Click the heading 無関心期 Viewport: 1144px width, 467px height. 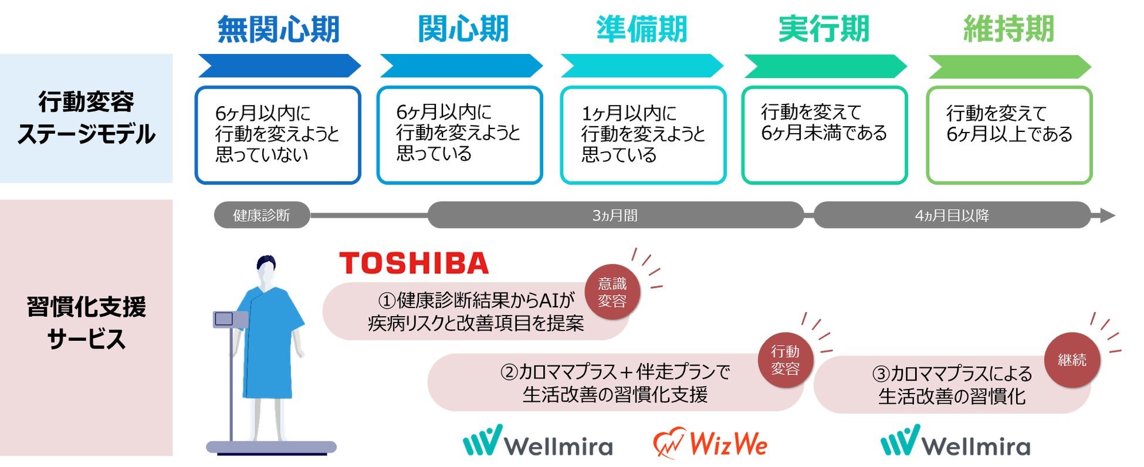278,29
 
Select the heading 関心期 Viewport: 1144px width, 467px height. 463,29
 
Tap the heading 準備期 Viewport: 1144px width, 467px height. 641,29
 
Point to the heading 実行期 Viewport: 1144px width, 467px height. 823,29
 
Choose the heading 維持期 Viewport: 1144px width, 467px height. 1008,29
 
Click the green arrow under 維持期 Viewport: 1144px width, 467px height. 1009,67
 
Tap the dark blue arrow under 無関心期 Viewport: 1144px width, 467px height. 279,66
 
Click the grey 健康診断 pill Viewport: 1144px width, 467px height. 262,215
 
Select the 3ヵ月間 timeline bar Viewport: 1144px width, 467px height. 615,215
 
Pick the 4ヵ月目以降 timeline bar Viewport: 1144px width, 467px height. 952,215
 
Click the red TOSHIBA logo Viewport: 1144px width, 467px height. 414,263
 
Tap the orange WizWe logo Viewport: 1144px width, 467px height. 710,444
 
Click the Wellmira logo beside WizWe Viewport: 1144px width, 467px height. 538,442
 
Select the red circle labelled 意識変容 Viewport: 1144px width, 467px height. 612,292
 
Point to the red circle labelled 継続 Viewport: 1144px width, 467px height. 1072,360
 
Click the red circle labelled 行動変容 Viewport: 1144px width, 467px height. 785,360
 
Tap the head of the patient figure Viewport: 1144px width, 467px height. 266,270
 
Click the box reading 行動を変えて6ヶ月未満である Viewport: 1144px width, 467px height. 824,135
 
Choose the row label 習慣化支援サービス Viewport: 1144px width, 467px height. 86,323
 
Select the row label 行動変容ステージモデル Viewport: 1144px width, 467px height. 86,118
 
